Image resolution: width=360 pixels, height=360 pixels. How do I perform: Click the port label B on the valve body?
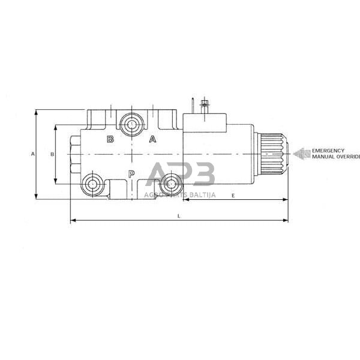110,140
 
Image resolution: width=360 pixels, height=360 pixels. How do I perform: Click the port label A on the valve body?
152,139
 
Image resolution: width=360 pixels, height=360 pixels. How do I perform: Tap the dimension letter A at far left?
32,154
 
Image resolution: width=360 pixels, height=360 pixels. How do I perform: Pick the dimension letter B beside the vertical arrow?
52,154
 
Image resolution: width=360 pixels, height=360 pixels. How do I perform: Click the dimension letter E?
233,196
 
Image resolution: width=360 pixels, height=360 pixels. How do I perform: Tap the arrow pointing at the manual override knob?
302,154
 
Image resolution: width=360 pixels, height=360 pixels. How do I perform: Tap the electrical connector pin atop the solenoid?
205,104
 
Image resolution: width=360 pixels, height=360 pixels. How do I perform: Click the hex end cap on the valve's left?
75,155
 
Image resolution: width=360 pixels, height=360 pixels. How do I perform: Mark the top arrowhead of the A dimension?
37,112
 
